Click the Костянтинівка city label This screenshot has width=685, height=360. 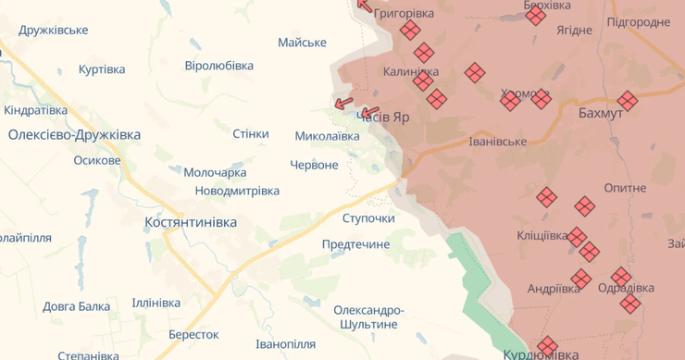coord(191,223)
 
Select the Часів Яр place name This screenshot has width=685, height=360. coord(382,118)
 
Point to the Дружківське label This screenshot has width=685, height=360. coord(54,30)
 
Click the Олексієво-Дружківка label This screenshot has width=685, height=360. coord(74,135)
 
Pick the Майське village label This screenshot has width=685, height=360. coord(302,43)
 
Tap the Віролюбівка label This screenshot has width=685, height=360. coord(218,66)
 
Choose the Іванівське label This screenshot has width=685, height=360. coord(498,142)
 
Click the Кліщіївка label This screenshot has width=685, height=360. coord(542,235)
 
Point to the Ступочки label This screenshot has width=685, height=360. coord(368,218)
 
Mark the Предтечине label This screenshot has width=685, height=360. coord(355,244)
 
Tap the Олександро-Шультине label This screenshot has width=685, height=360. coord(368,317)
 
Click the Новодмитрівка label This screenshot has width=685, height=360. coord(237,191)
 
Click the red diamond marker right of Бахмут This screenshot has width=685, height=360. coord(628,101)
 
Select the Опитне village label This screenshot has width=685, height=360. coord(625,188)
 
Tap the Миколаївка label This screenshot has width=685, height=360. coord(327,136)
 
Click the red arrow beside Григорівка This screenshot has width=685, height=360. coord(364,6)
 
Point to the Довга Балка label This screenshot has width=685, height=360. coord(76,306)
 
